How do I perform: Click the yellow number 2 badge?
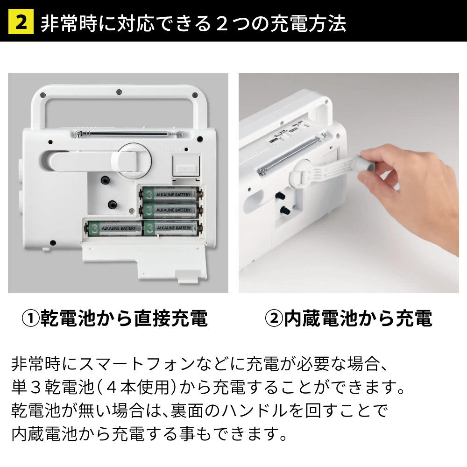[x=21, y=22]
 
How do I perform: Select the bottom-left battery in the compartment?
[x=113, y=228]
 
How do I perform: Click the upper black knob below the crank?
[x=104, y=181]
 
